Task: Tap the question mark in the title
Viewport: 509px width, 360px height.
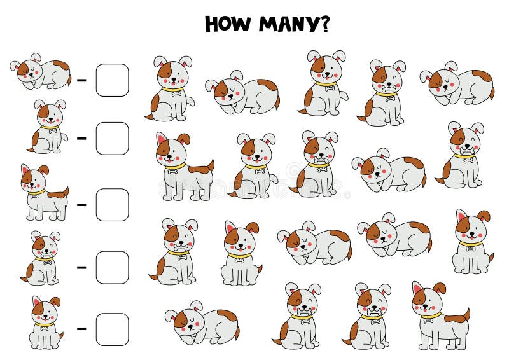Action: coord(324,24)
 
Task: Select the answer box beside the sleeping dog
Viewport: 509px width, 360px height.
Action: coord(112,80)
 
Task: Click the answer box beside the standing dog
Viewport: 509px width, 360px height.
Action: coord(112,204)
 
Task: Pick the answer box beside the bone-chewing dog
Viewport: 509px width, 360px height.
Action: coord(112,267)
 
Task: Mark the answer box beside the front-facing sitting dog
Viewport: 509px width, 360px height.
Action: coord(112,329)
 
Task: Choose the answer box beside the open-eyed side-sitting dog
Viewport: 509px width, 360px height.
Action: coord(112,138)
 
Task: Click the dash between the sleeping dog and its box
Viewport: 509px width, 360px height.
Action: coord(81,81)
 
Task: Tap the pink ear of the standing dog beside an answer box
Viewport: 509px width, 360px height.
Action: coord(26,170)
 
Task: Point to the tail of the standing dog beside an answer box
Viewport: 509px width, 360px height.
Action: coord(64,191)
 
